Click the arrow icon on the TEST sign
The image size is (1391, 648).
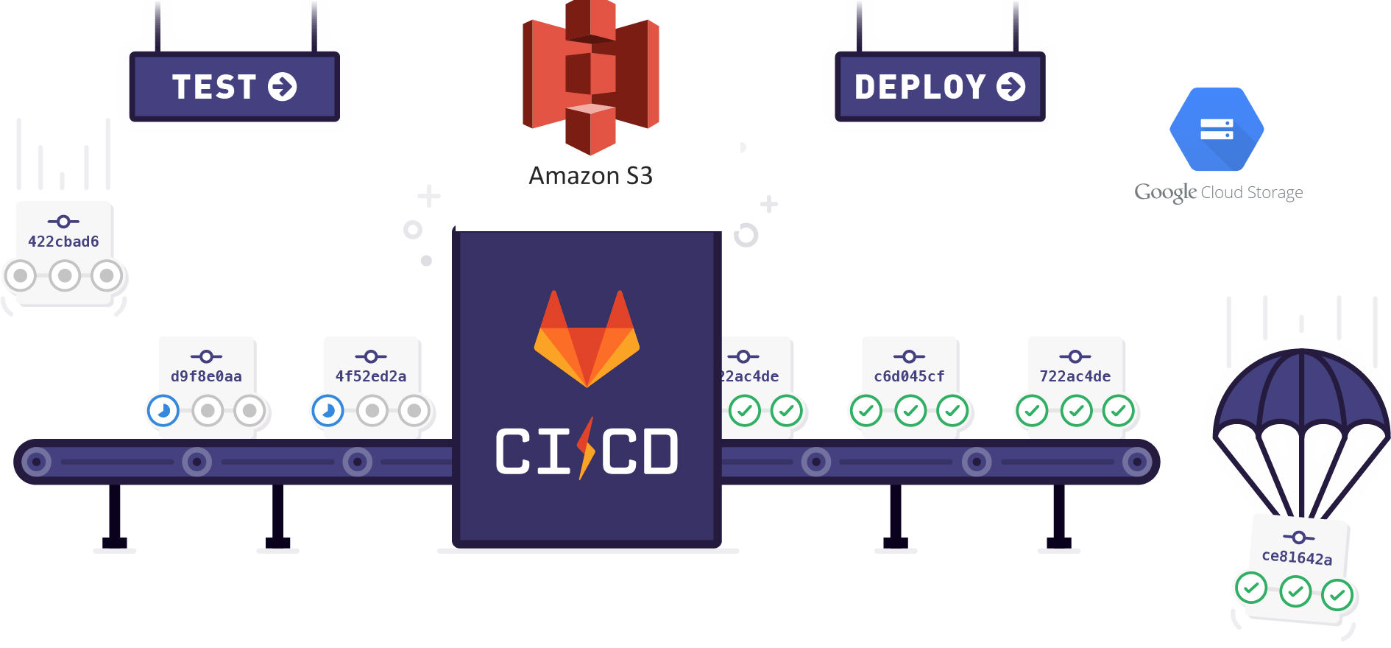pos(282,87)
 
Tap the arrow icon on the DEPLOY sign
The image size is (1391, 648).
pos(1010,87)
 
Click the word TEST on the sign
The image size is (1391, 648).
pos(213,87)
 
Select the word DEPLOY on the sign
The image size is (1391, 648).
pos(919,87)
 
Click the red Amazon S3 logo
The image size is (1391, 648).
pos(590,77)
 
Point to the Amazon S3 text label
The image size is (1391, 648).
pos(590,176)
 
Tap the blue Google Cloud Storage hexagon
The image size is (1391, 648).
pos(1217,130)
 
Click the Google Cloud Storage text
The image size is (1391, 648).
pos(1218,193)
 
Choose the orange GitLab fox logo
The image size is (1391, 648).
pos(587,339)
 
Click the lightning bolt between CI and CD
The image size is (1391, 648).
pos(587,448)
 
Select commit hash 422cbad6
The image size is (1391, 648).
pos(63,242)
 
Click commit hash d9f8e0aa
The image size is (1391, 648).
pos(206,376)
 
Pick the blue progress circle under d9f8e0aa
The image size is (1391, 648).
pos(163,410)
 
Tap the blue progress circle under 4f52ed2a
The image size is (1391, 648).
pos(328,410)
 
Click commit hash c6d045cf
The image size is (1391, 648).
pos(909,376)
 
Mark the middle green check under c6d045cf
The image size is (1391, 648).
pos(910,410)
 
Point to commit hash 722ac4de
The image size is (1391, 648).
pos(1075,376)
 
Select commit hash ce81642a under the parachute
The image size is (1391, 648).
pos(1297,557)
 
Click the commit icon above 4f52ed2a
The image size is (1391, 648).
pos(371,356)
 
